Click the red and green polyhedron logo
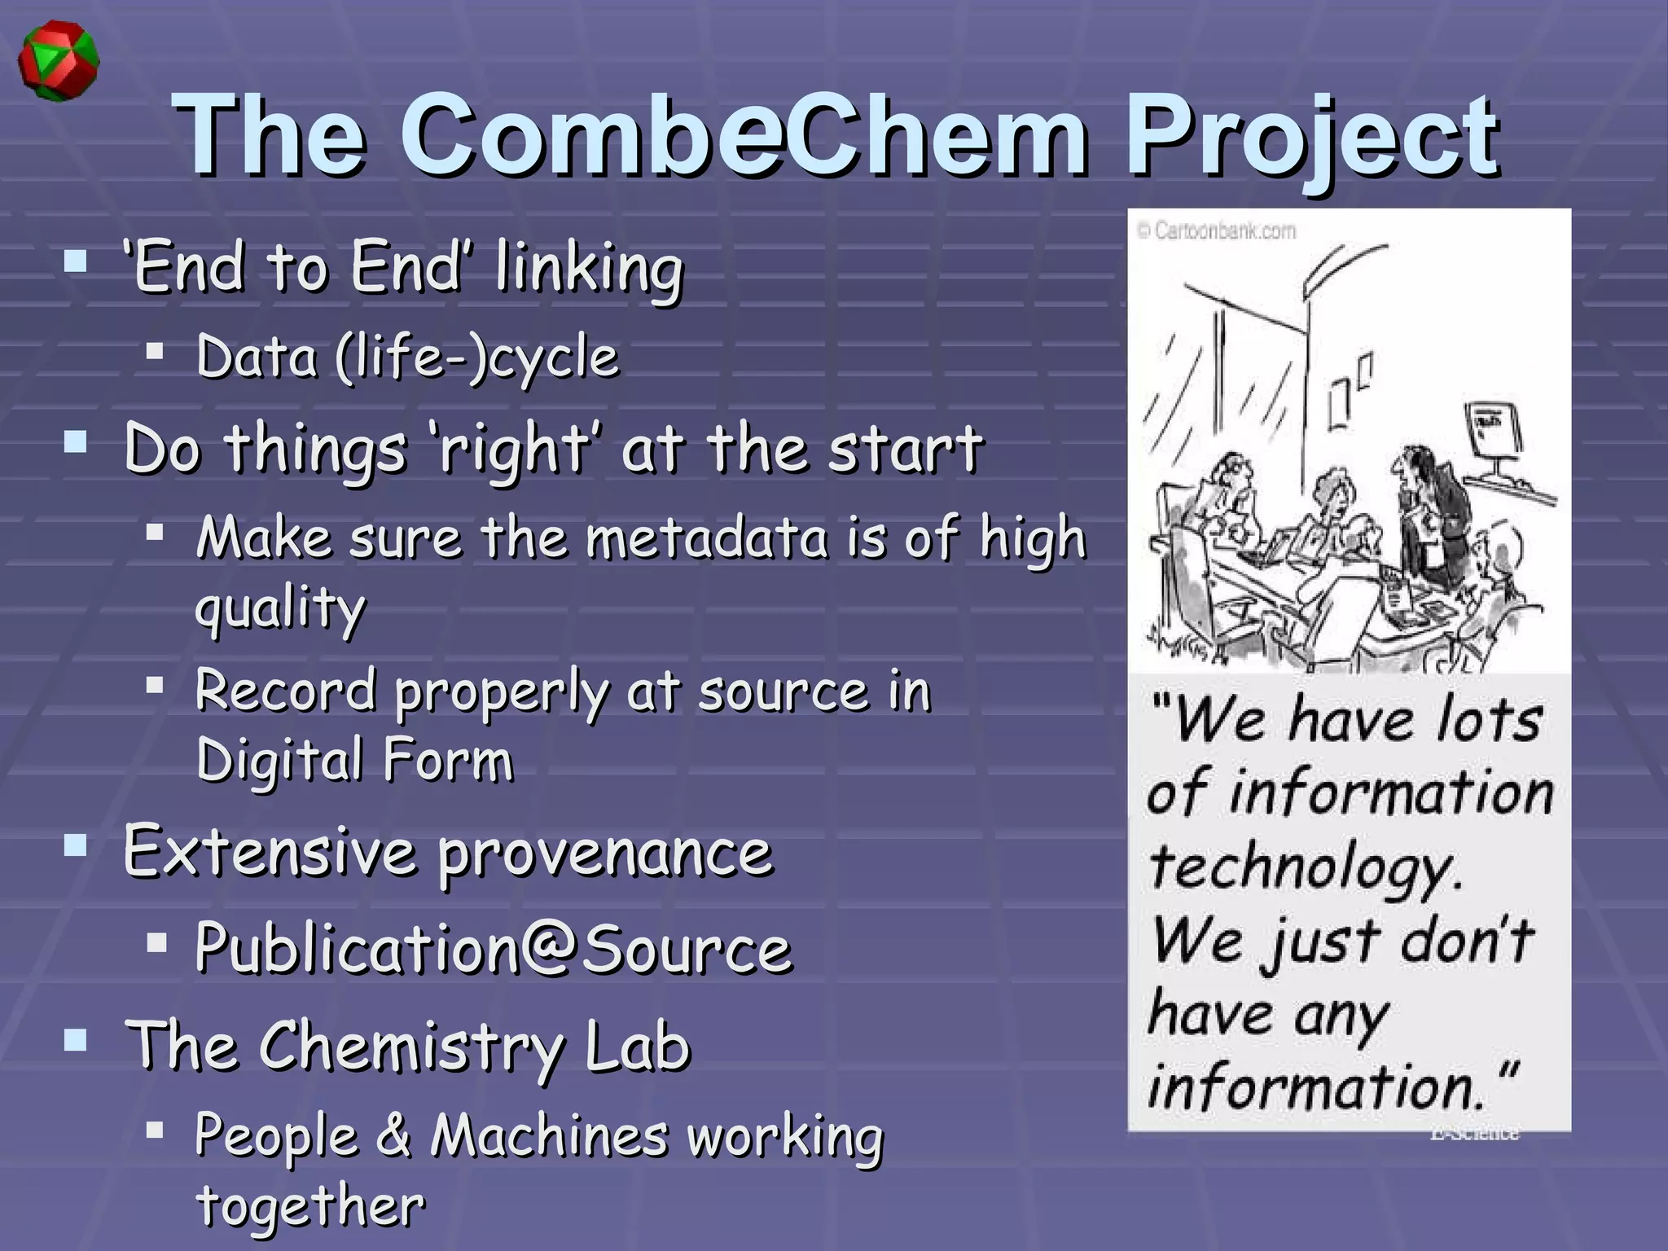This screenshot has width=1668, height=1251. coord(58,63)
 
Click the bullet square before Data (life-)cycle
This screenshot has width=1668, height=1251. coord(155,351)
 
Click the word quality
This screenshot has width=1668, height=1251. coord(281,609)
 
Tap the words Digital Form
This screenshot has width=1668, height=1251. coord(355,761)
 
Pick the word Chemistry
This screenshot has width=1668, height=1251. coord(411,1049)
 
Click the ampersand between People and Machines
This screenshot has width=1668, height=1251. coord(394,1135)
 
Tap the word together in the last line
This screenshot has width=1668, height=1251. coord(310,1205)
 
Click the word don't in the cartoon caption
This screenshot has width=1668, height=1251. coord(1466,940)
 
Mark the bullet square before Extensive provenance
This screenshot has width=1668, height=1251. coord(76,846)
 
